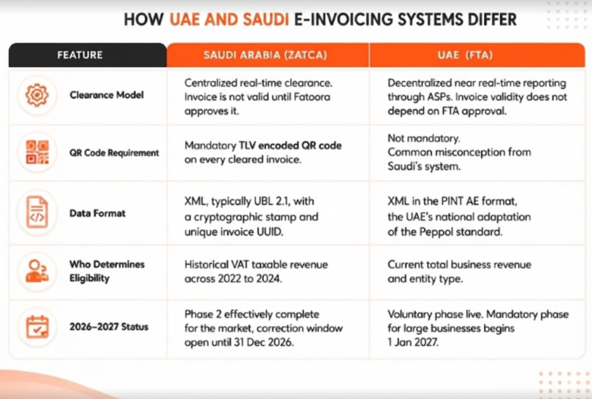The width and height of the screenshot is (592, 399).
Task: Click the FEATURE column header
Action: coord(80,55)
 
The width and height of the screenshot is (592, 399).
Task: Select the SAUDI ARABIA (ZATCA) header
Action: coord(265,55)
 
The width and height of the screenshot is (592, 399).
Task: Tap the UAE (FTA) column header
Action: coord(465,55)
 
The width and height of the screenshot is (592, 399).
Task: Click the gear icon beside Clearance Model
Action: coord(37,94)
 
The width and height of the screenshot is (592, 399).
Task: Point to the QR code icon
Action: coord(37,152)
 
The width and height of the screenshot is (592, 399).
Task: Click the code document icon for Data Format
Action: coord(37,212)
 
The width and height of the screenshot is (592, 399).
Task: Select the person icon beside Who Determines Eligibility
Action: coord(37,271)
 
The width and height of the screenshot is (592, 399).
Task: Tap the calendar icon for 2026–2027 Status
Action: coord(37,327)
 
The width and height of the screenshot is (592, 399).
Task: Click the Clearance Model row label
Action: coord(106,95)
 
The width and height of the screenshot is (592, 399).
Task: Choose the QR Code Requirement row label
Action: coord(114,153)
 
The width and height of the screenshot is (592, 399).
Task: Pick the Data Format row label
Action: coord(97,213)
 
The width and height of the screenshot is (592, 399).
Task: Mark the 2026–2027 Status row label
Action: coord(109,327)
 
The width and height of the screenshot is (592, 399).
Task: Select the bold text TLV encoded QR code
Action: coord(290,146)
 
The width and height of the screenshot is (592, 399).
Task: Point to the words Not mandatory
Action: coord(424,139)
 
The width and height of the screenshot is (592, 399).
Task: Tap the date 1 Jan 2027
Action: coord(413,342)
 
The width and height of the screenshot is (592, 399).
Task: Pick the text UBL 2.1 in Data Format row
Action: coord(270,201)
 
